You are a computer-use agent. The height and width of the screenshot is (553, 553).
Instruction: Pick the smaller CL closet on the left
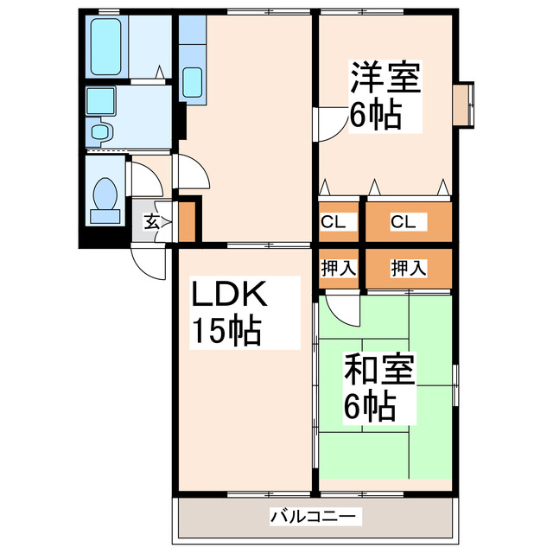(x=334, y=221)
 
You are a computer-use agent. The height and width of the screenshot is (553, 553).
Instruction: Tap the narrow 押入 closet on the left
(x=339, y=268)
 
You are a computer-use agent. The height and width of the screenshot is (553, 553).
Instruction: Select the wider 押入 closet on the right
(x=408, y=268)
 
